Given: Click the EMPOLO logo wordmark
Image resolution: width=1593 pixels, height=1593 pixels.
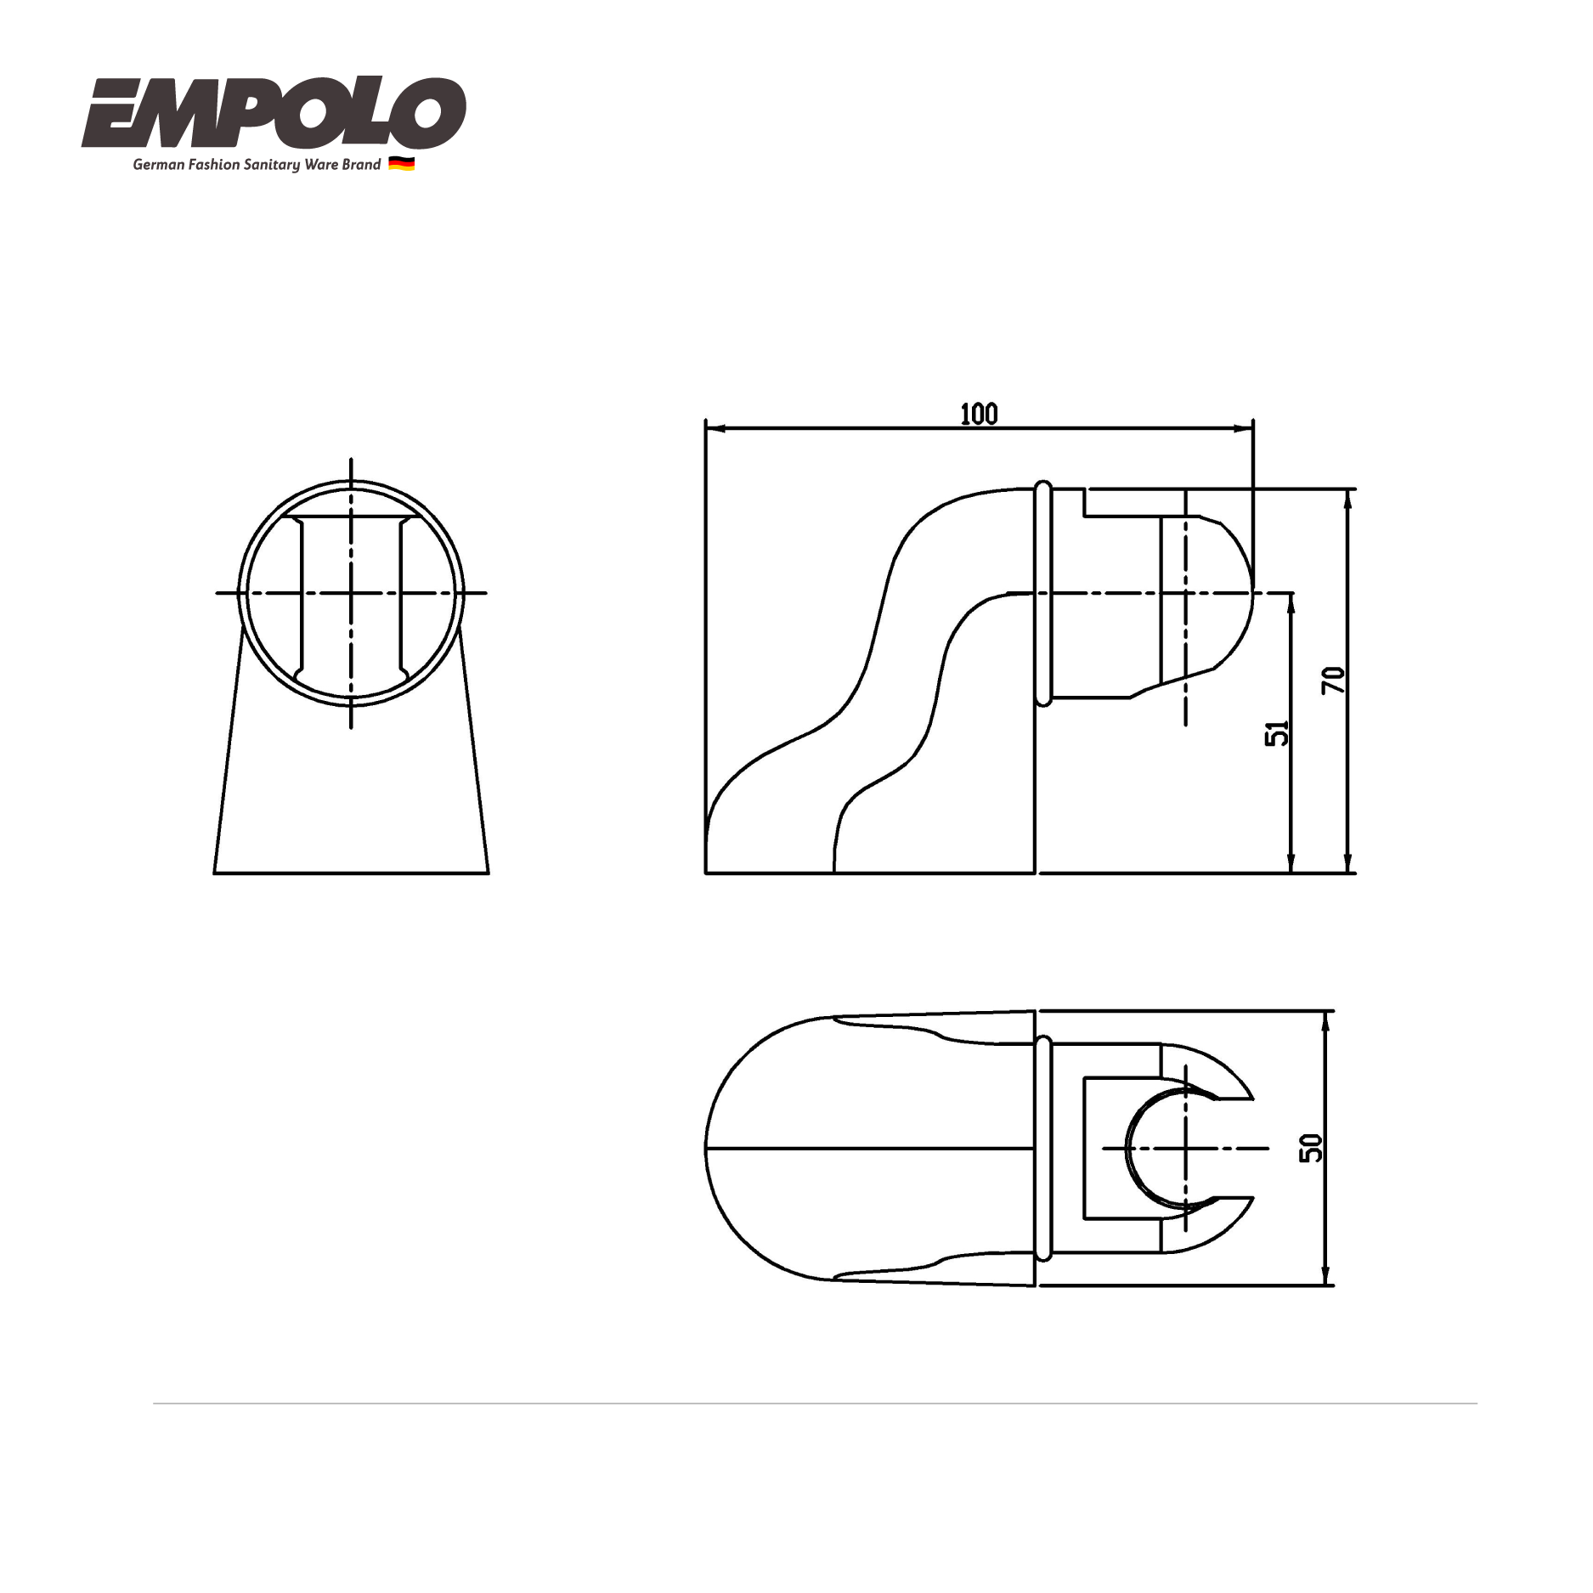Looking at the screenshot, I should pyautogui.click(x=274, y=113).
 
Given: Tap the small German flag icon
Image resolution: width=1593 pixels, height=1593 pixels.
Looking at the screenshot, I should pyautogui.click(x=401, y=164).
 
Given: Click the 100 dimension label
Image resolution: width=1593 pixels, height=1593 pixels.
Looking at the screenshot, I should pyautogui.click(x=979, y=415).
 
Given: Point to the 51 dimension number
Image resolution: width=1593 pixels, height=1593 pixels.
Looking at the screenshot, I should pyautogui.click(x=1277, y=732).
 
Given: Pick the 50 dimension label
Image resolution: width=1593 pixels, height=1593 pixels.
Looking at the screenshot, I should pyautogui.click(x=1312, y=1149).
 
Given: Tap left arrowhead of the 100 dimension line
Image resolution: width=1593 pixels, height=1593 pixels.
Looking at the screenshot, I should pyautogui.click(x=712, y=429).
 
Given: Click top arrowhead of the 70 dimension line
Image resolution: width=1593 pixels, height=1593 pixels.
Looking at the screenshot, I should pyautogui.click(x=1347, y=496).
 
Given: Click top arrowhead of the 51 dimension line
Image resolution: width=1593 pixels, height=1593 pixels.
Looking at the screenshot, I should pyautogui.click(x=1291, y=600).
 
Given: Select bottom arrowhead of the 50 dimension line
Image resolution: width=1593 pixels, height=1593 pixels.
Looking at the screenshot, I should pyautogui.click(x=1325, y=1278).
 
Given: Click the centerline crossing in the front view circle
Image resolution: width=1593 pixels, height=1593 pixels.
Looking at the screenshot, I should pyautogui.click(x=351, y=593).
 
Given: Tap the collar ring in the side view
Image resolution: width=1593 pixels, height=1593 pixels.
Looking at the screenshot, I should pyautogui.click(x=1043, y=593).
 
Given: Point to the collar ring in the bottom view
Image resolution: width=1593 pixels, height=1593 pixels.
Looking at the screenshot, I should pyautogui.click(x=1043, y=1148).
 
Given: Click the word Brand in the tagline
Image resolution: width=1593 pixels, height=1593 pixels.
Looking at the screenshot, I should pyautogui.click(x=361, y=165).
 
